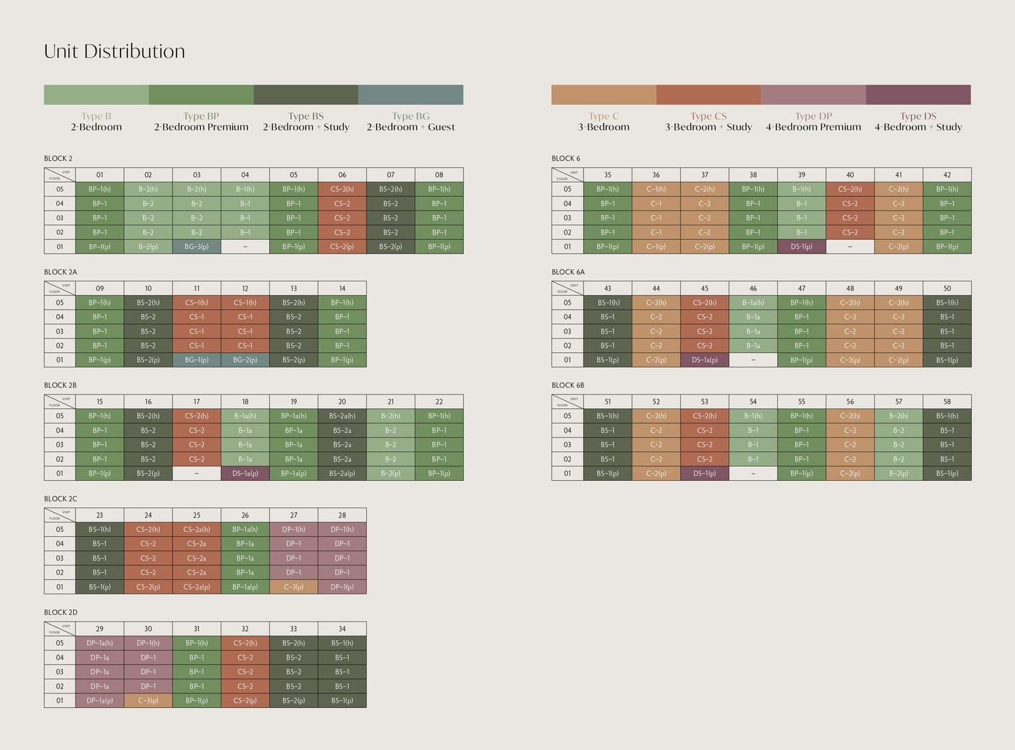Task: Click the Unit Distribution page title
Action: (114, 51)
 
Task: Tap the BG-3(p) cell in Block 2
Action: (197, 247)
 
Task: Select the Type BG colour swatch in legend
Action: (410, 95)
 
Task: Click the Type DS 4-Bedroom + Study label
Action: (918, 121)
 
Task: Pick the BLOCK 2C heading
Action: (60, 499)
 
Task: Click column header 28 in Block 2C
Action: (342, 515)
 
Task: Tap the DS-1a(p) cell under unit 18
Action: (245, 473)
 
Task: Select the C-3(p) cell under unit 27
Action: (294, 587)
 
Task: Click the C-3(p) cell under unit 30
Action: (148, 701)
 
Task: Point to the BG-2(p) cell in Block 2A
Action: (245, 360)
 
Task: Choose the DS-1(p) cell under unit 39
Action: (801, 247)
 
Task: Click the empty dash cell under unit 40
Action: (850, 247)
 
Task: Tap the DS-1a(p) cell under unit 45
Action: (704, 360)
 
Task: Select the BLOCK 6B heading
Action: (568, 385)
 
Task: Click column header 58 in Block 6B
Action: (947, 402)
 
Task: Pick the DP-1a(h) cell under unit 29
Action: (100, 643)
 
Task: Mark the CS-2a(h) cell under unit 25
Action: (197, 529)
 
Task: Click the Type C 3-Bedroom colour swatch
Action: (603, 95)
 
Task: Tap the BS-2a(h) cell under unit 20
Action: (342, 416)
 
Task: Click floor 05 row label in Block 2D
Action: (60, 643)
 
